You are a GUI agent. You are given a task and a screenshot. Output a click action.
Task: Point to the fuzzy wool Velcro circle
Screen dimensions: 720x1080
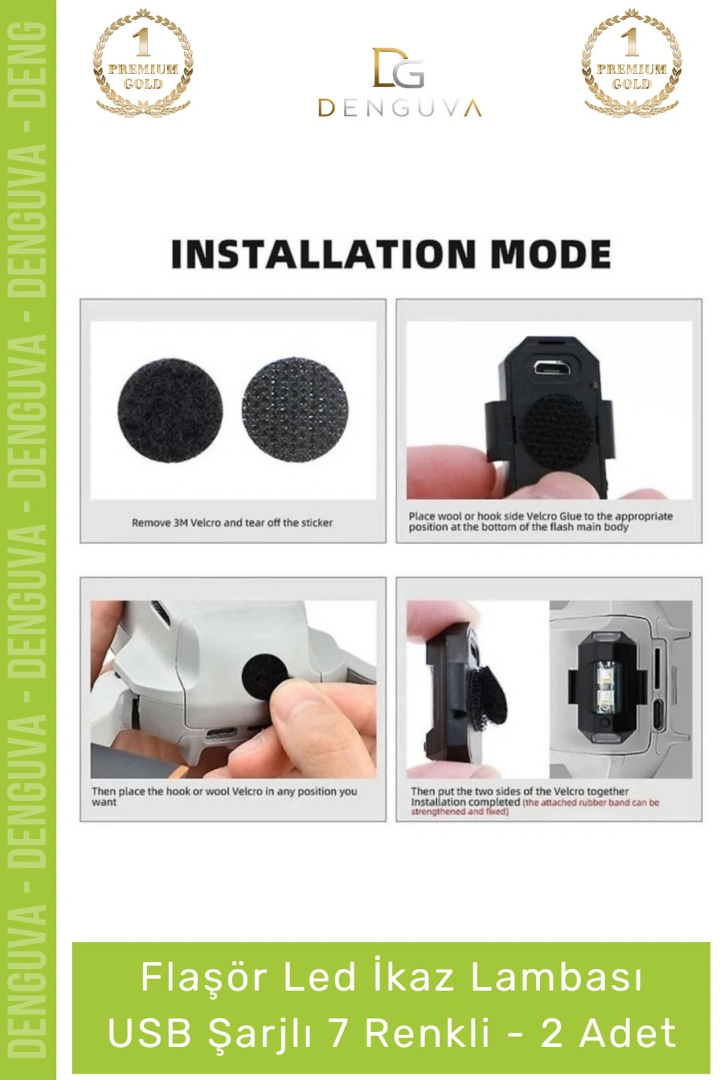pos(170,411)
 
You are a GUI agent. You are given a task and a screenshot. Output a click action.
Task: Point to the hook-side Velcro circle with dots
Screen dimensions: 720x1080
pos(294,411)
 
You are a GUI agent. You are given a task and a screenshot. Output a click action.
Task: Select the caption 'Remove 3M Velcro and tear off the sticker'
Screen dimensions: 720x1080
pos(233,522)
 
